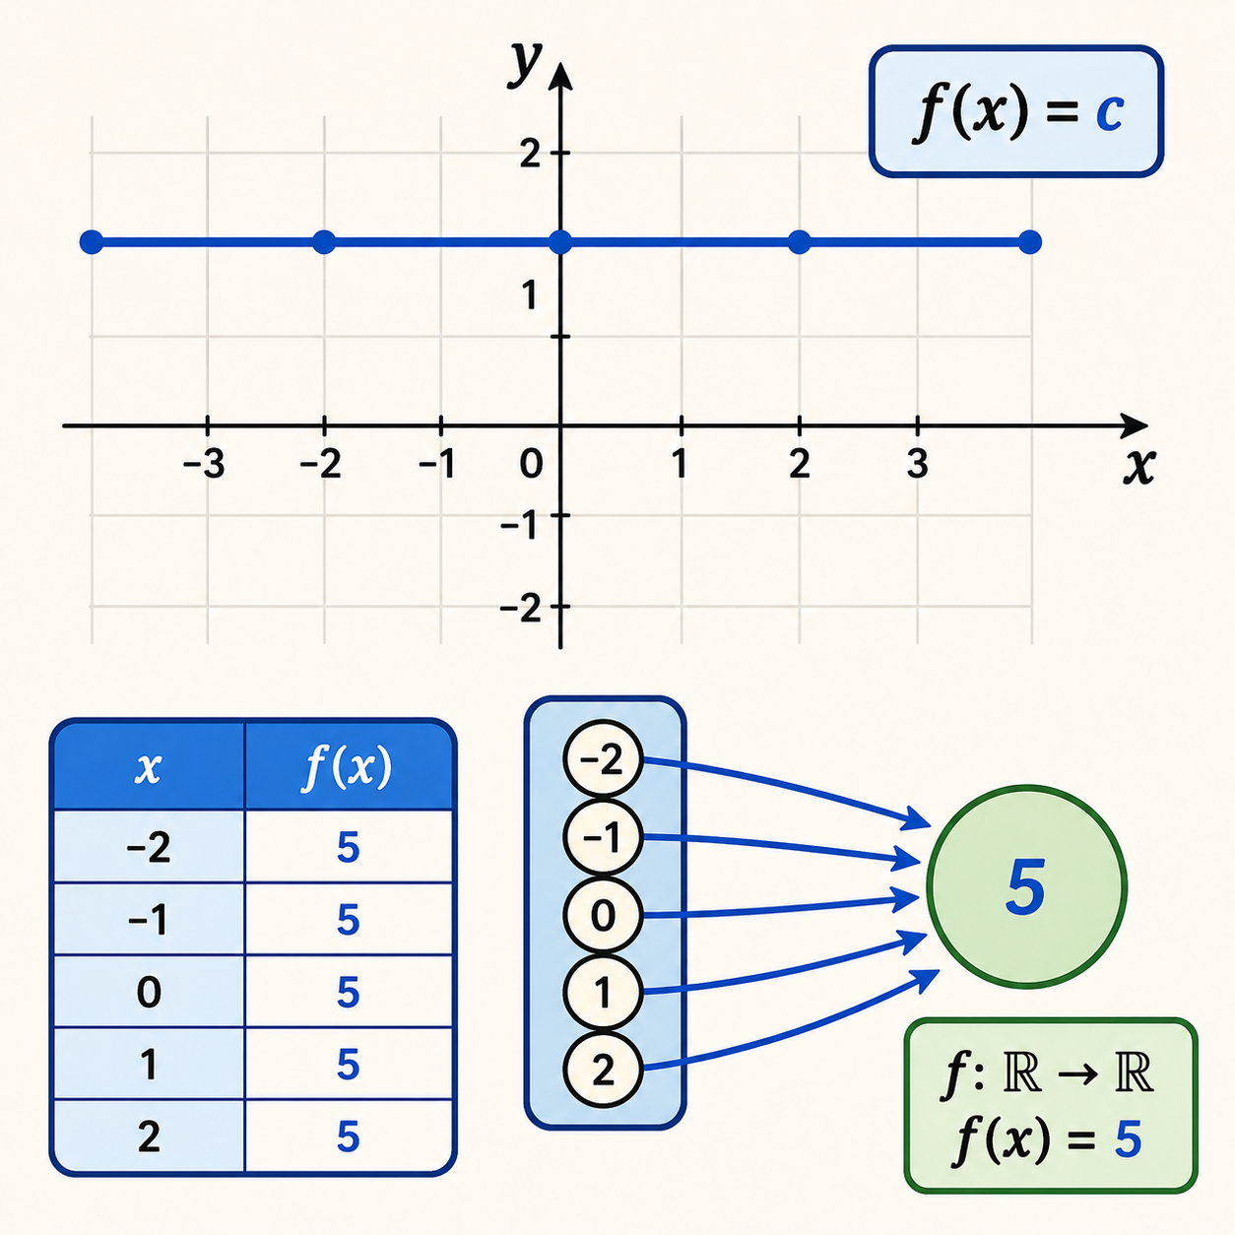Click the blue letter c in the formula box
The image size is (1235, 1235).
pyautogui.click(x=1109, y=113)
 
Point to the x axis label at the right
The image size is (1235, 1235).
pyautogui.click(x=1139, y=467)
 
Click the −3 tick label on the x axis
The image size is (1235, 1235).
pyautogui.click(x=204, y=464)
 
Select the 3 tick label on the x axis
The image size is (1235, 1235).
pyautogui.click(x=917, y=463)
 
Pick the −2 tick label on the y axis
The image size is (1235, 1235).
pyautogui.click(x=520, y=608)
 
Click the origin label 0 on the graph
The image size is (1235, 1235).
pyautogui.click(x=531, y=464)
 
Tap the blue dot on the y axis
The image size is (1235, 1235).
pyautogui.click(x=560, y=242)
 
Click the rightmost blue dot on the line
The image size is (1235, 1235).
pyautogui.click(x=1029, y=242)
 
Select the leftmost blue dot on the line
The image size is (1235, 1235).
pyautogui.click(x=92, y=242)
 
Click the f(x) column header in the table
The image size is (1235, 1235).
pyautogui.click(x=347, y=767)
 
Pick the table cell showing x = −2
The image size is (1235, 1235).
pyautogui.click(x=149, y=848)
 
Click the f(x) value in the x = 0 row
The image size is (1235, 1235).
pyautogui.click(x=348, y=993)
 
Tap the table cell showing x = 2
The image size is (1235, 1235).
pyautogui.click(x=149, y=1137)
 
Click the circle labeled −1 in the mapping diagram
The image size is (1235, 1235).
pyautogui.click(x=603, y=837)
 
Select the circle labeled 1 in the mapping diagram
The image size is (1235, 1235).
pyautogui.click(x=603, y=993)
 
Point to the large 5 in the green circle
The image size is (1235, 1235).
pyautogui.click(x=1026, y=887)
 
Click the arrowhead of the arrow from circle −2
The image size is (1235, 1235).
pyautogui.click(x=915, y=819)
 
